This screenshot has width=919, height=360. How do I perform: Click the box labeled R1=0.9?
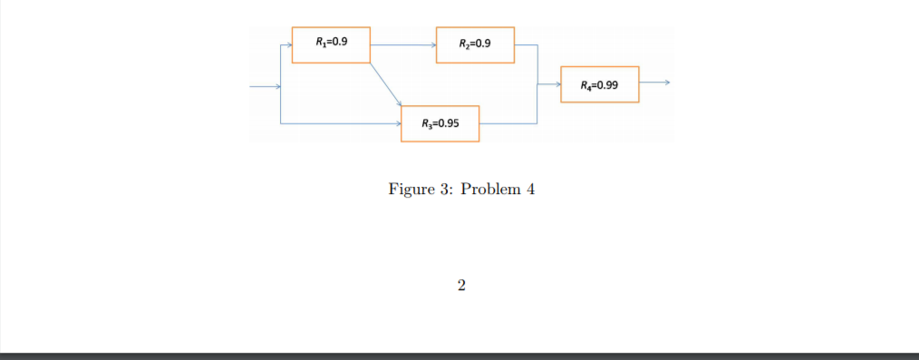331,44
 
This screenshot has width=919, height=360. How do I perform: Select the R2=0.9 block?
475,44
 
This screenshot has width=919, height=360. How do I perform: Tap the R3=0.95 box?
440,123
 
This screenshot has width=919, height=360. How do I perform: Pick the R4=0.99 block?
600,84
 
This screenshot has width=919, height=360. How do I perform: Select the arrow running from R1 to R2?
402,44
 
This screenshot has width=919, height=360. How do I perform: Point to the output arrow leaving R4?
653,83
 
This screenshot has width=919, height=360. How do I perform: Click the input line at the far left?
265,87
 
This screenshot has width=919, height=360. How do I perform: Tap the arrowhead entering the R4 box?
556,84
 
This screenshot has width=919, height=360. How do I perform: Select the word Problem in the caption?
490,190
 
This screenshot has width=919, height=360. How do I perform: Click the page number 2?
461,287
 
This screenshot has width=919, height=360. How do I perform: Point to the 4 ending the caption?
530,190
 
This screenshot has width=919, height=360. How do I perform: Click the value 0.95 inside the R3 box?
447,123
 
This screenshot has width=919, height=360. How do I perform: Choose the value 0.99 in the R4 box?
605,85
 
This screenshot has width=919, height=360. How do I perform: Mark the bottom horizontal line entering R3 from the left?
340,122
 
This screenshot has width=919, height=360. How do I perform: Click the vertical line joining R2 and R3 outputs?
538,83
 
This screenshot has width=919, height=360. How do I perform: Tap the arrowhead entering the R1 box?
288,44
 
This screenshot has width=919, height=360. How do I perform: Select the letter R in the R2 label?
463,44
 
